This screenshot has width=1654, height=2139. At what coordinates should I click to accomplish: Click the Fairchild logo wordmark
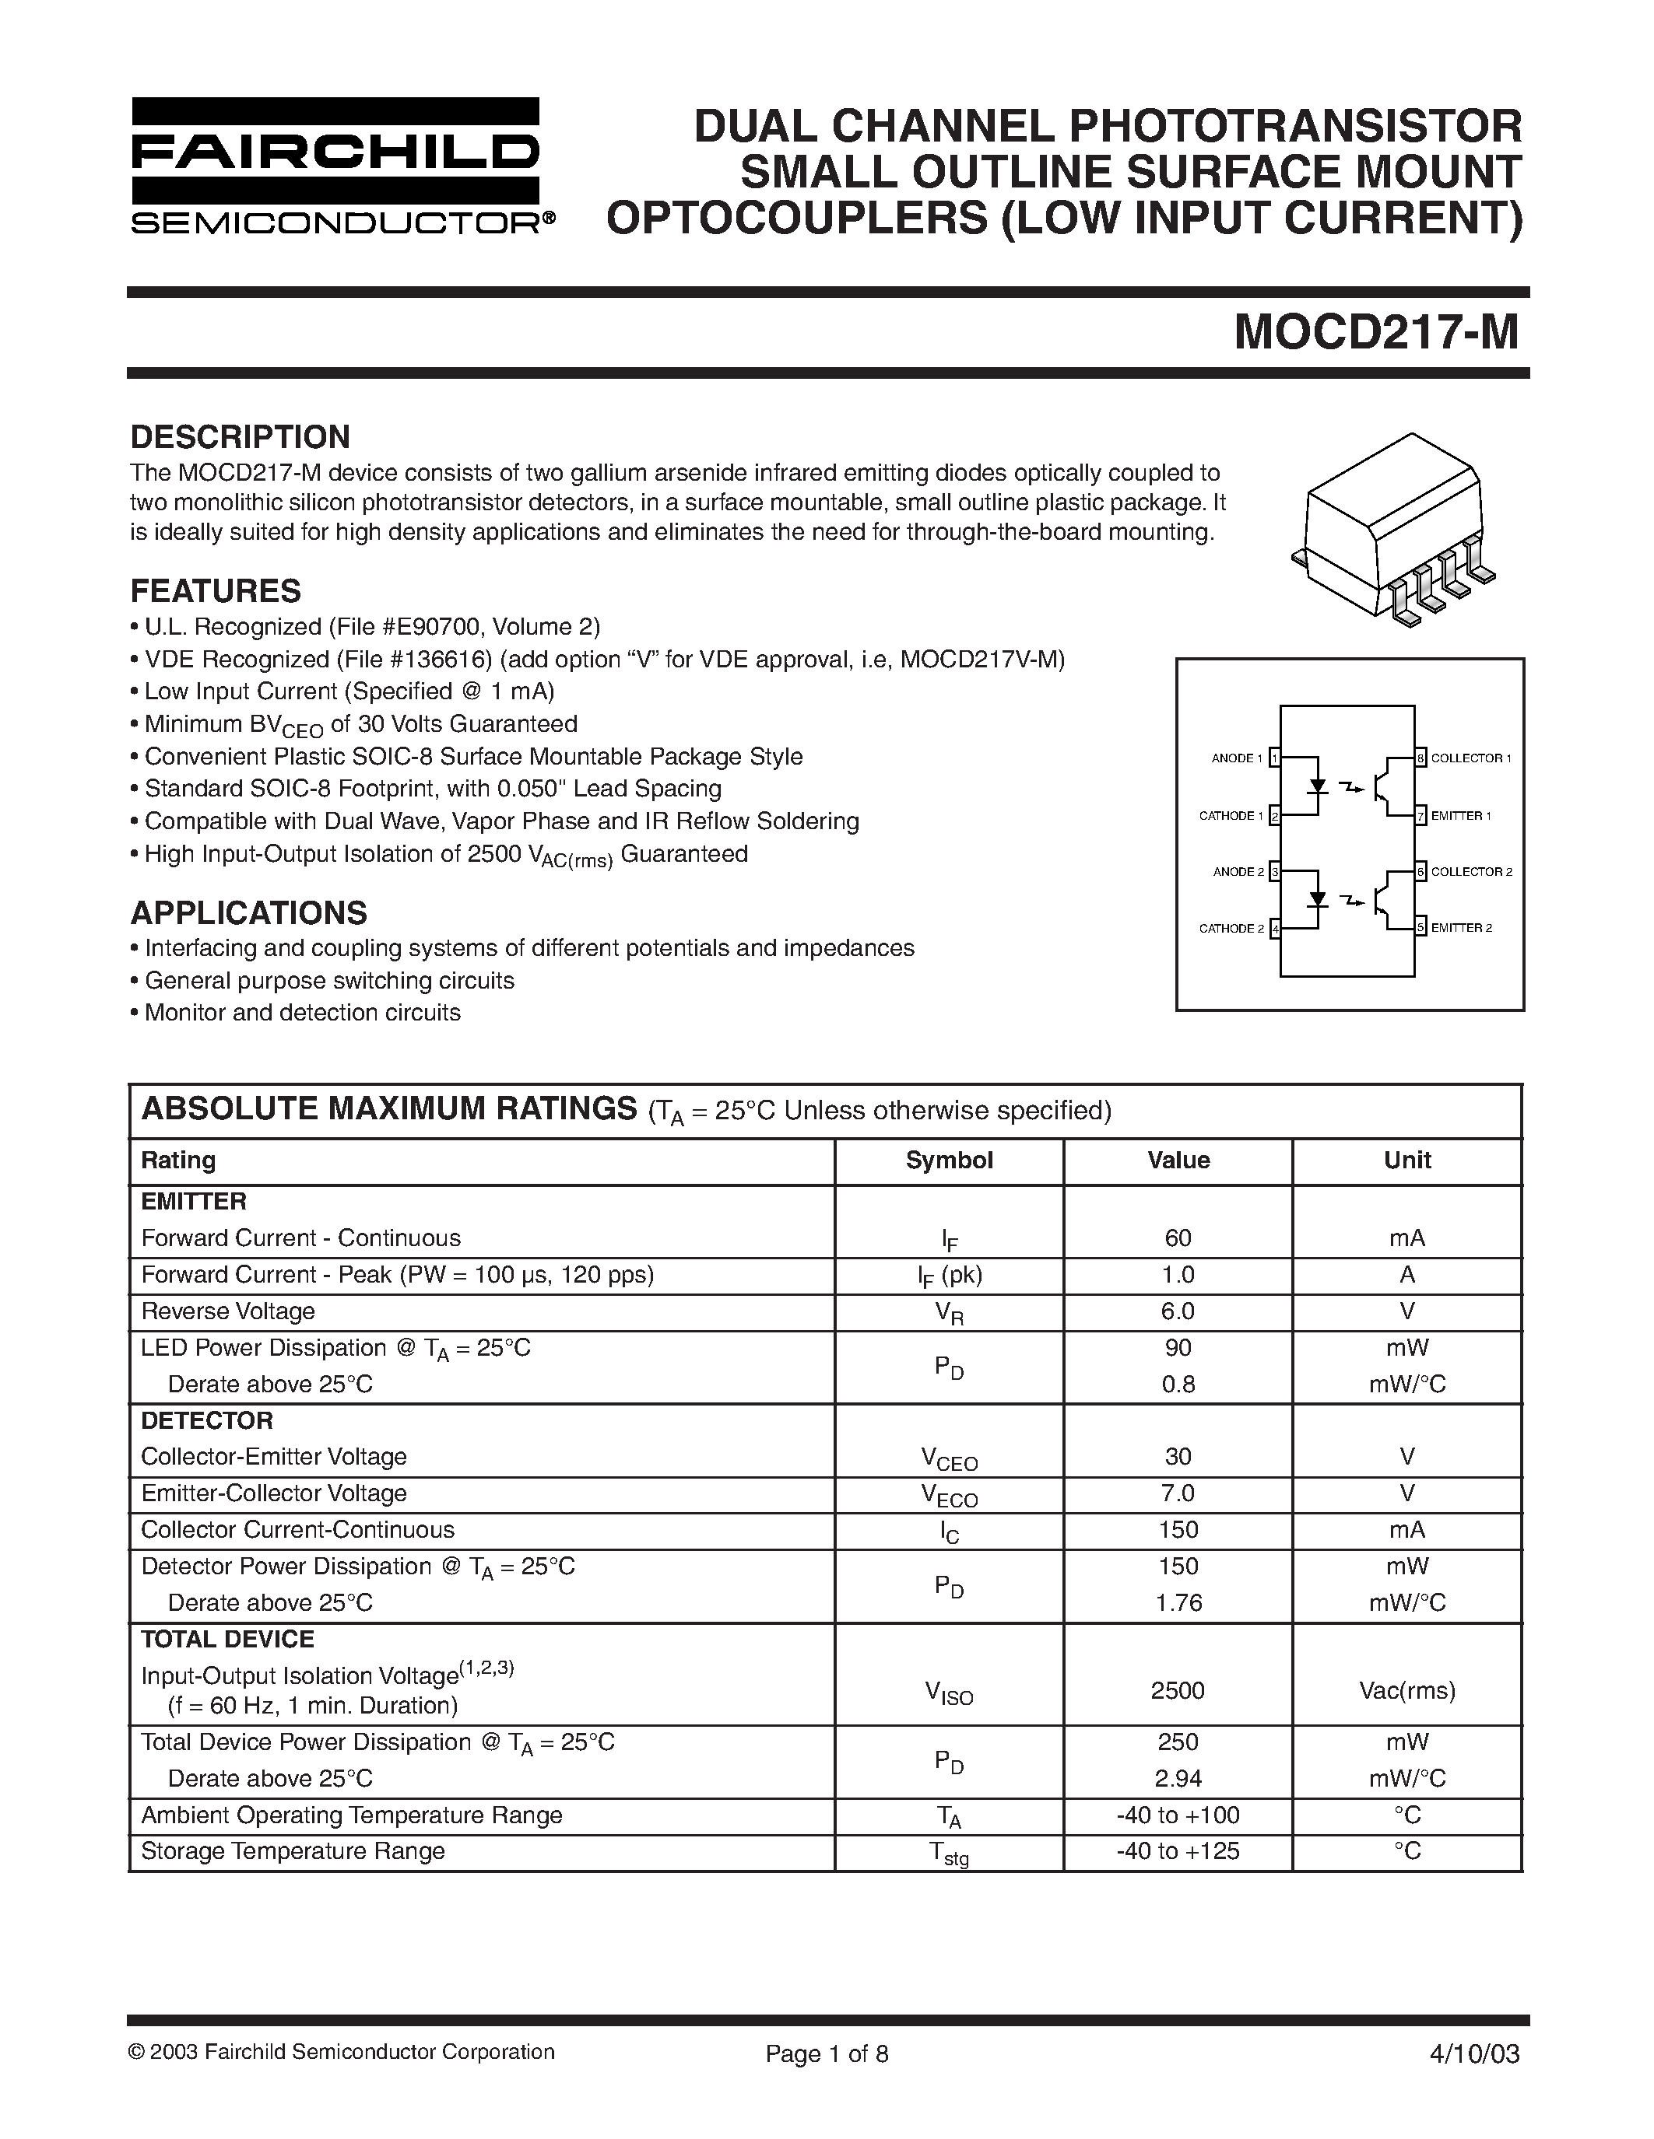(335, 152)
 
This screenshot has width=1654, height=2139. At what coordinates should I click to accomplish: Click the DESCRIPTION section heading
(240, 437)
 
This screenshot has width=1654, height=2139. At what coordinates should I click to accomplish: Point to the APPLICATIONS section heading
(249, 913)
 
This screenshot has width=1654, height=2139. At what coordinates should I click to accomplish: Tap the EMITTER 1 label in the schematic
(1461, 816)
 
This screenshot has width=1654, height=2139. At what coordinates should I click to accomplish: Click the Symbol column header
(949, 1161)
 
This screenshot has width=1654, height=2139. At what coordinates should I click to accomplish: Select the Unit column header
(1407, 1161)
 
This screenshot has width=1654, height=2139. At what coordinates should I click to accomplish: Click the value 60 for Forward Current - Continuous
(1178, 1238)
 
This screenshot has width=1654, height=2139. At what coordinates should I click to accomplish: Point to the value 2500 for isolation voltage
(1178, 1690)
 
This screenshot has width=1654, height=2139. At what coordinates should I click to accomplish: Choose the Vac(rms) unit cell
(1407, 1690)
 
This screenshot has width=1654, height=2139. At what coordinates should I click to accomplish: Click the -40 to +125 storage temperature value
(1178, 1851)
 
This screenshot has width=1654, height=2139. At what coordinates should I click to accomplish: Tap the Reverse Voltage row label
(227, 1311)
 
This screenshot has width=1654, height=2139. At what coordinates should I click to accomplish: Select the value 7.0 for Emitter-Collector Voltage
(1178, 1493)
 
